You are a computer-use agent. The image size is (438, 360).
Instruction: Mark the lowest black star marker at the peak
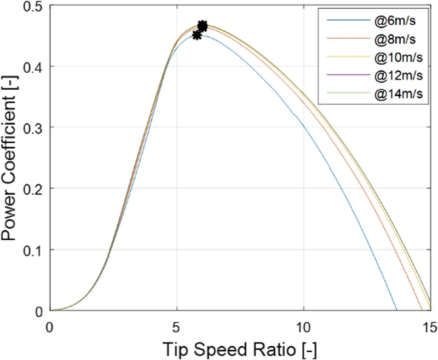pyautogui.click(x=197, y=35)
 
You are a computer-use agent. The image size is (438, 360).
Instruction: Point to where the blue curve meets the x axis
pyautogui.click(x=396, y=310)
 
